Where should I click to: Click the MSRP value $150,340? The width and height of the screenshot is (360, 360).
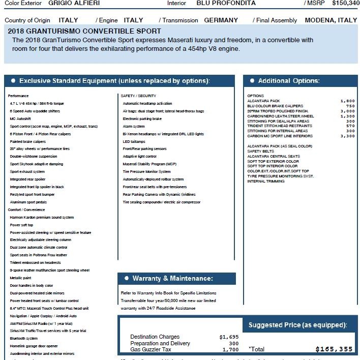345,3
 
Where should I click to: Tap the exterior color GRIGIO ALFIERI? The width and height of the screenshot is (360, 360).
74,3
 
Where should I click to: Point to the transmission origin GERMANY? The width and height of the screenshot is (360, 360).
221,20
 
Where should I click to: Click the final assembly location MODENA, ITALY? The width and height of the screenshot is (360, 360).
331,20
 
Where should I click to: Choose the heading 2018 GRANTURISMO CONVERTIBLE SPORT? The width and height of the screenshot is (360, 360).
84,31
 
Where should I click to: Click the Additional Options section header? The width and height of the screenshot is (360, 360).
288,81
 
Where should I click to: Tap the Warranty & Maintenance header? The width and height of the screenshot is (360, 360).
172,279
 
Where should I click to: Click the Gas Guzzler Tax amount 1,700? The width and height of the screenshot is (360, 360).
230,350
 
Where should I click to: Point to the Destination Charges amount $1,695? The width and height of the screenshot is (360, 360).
229,337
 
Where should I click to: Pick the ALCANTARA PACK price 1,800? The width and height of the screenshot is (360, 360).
347,101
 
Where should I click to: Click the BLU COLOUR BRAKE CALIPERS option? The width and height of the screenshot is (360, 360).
275,106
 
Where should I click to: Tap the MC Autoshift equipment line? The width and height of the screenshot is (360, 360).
20,118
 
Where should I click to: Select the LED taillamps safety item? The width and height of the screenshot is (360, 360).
134,141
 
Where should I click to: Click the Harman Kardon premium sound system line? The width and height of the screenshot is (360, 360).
42,217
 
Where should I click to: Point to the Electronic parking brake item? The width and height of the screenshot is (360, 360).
142,118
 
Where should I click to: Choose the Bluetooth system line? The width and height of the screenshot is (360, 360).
23,338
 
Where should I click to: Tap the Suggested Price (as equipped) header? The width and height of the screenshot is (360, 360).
297,325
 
